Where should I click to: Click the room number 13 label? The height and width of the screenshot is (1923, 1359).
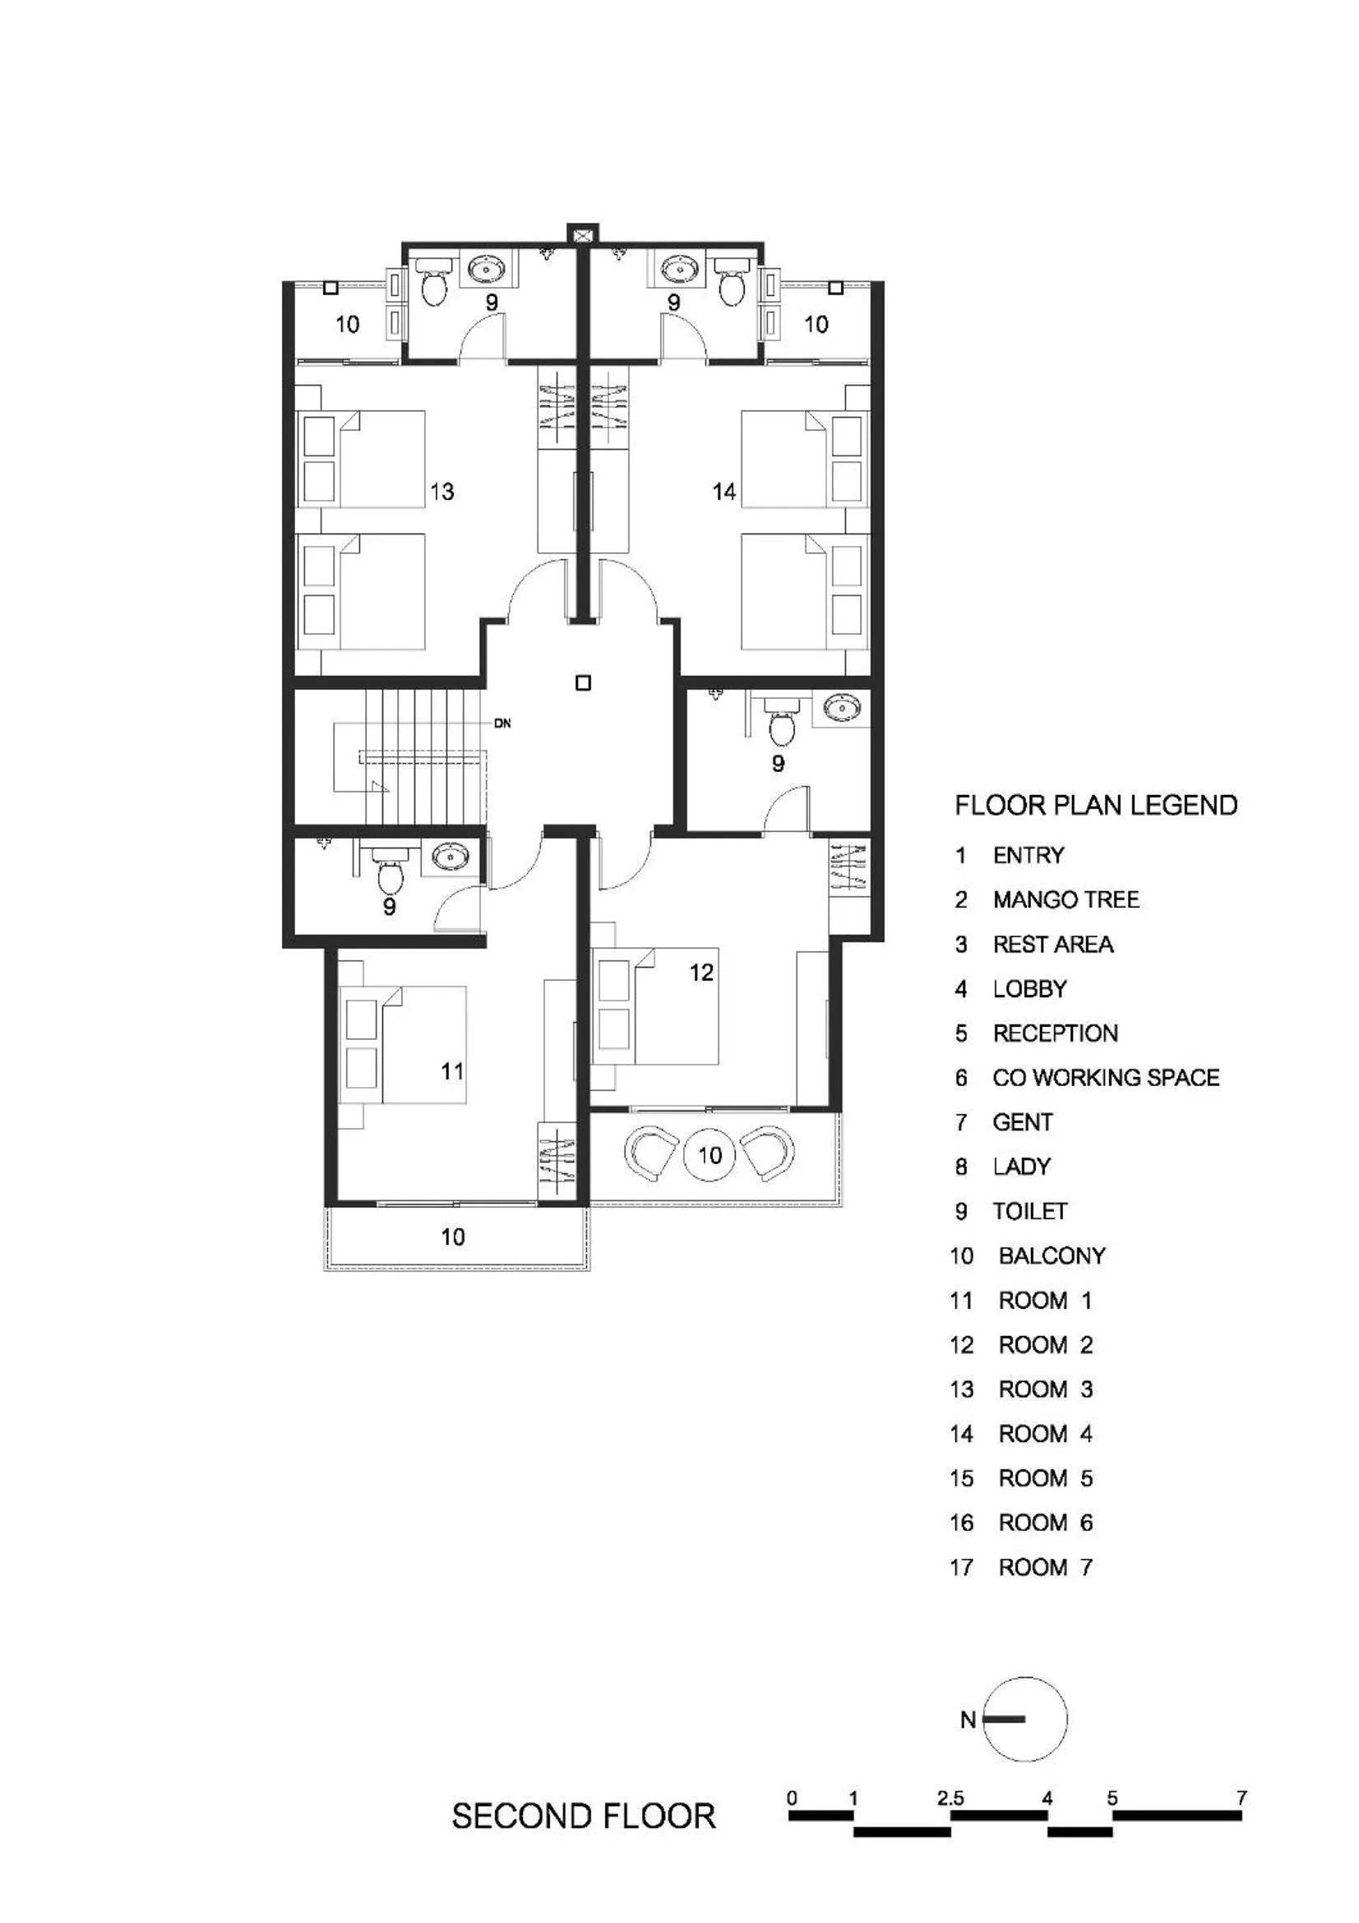441,491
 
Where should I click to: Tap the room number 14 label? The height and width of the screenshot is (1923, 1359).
723,491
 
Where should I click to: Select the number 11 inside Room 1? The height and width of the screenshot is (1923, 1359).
452,1070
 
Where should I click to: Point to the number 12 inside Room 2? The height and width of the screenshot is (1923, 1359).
700,972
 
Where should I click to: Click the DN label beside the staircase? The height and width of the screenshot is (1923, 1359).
502,723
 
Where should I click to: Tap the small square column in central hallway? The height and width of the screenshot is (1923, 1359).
583,682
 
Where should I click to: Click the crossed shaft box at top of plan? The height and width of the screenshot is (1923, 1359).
583,233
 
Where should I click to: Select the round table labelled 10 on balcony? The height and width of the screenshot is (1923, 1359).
710,1155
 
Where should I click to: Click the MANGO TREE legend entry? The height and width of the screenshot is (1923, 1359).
1065,899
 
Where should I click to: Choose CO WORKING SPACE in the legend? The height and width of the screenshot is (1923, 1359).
1105,1077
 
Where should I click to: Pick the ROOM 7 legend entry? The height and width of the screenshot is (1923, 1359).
1045,1567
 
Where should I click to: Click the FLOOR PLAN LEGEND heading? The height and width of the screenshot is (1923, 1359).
1095,806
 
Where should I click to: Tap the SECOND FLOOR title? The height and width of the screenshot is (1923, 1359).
584,1816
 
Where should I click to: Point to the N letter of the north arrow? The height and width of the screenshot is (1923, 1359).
968,1719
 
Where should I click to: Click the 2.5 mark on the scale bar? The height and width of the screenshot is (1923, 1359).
950,1797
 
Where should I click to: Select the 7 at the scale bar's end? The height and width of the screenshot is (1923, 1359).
1241,1797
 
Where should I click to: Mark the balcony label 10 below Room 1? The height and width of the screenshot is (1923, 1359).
452,1237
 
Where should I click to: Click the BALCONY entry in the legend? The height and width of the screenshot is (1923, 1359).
1052,1255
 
